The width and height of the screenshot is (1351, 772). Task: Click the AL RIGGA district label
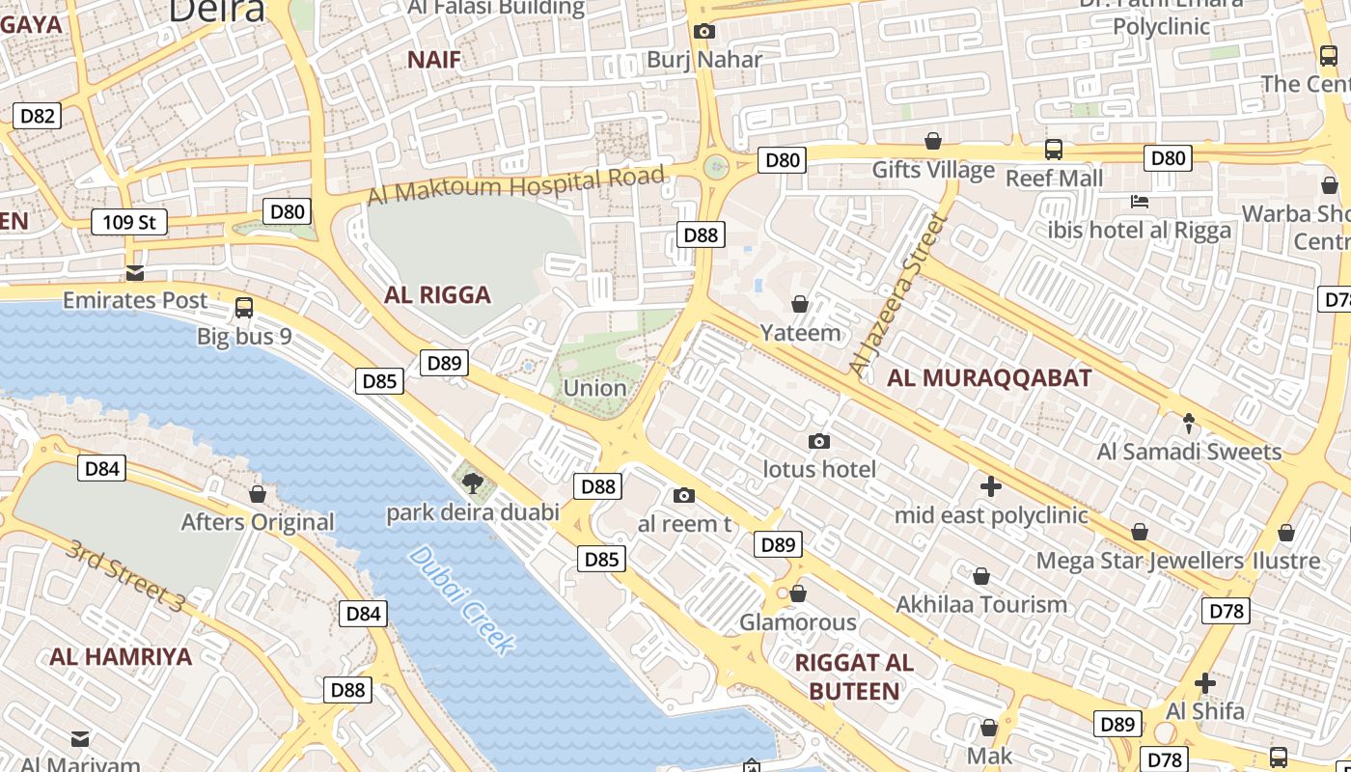click(437, 295)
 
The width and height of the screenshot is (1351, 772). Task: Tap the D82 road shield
click(38, 117)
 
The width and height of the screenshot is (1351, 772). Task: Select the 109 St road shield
click(129, 223)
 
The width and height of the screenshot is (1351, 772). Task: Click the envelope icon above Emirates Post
click(135, 273)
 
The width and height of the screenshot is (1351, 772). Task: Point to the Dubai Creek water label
click(461, 600)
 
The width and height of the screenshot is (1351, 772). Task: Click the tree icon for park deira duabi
click(472, 482)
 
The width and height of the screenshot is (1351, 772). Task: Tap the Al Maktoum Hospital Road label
click(516, 184)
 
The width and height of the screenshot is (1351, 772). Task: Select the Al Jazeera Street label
click(896, 295)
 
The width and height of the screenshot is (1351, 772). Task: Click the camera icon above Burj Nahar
click(704, 31)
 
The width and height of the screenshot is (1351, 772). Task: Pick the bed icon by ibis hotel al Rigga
click(1139, 202)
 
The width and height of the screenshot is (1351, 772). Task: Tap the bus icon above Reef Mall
click(1053, 150)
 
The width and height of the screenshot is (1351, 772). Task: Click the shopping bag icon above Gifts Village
click(932, 142)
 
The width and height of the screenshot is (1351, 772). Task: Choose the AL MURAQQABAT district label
click(989, 378)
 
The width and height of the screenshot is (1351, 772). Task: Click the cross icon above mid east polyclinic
click(990, 486)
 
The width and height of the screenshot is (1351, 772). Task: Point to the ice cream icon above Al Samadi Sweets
click(1188, 423)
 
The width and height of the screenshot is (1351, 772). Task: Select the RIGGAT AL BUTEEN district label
click(854, 676)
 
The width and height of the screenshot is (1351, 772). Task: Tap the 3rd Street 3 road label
click(124, 575)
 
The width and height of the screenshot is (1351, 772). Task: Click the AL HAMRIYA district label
click(122, 657)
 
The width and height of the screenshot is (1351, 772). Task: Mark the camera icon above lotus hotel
click(818, 441)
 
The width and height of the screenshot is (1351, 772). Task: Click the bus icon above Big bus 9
click(244, 308)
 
